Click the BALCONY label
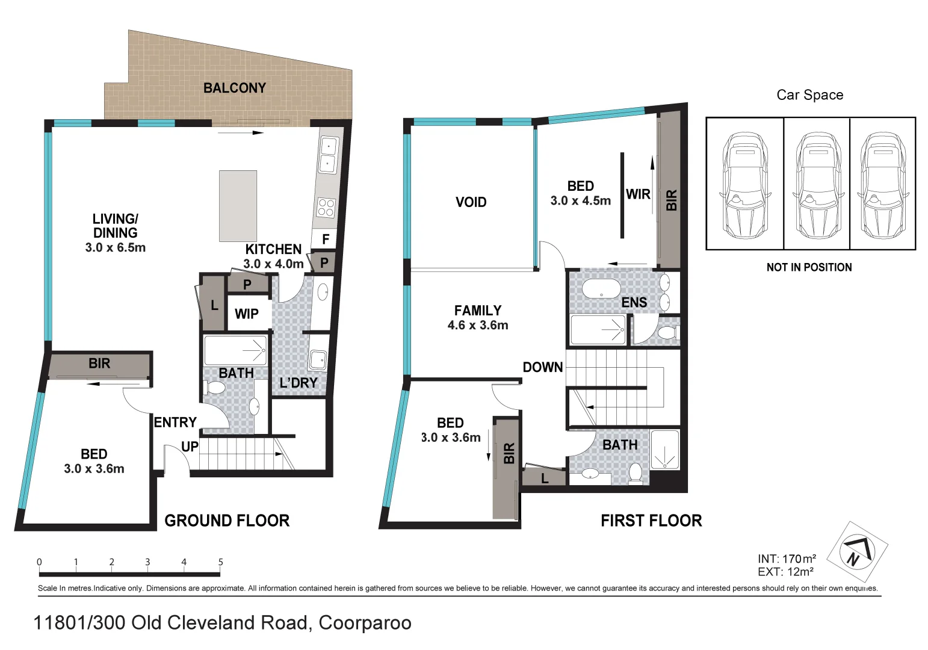(234, 88)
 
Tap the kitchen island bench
(238, 206)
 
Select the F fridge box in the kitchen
(325, 240)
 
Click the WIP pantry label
(247, 314)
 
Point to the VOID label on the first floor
(471, 202)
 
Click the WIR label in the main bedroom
(638, 194)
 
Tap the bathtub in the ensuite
(601, 288)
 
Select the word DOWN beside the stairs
(542, 367)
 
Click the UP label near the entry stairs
(190, 447)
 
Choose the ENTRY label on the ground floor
(175, 422)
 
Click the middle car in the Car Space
(817, 185)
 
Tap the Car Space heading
(809, 95)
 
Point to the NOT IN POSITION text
(809, 267)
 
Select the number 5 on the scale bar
(220, 562)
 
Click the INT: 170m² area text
(787, 559)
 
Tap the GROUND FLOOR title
(227, 521)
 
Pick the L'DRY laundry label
(298, 383)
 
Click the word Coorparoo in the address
(365, 622)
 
